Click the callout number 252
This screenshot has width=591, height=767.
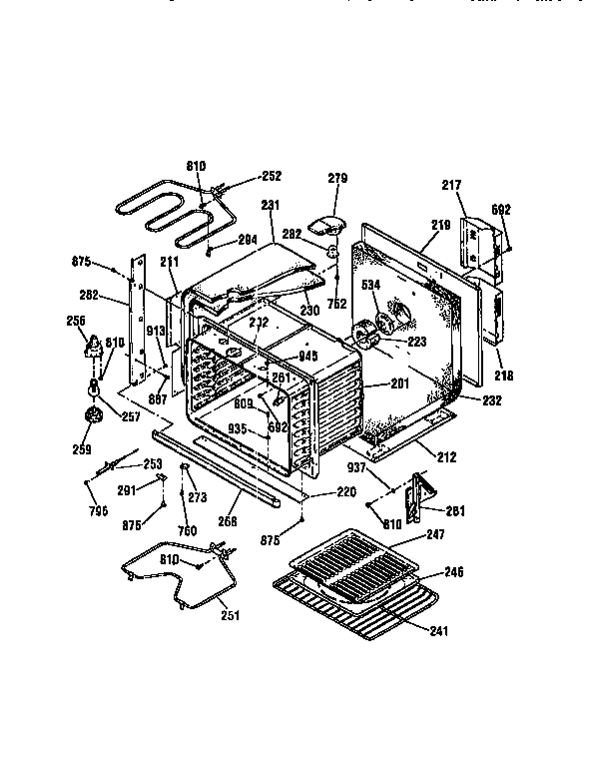click(271, 177)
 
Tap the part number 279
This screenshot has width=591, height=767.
click(337, 179)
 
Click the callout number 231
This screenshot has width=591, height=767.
click(270, 205)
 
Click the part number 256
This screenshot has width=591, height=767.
click(74, 321)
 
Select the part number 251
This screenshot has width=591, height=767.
click(230, 615)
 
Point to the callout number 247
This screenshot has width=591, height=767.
click(434, 536)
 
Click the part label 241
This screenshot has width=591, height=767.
click(439, 630)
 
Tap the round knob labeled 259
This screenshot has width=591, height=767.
click(95, 417)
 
